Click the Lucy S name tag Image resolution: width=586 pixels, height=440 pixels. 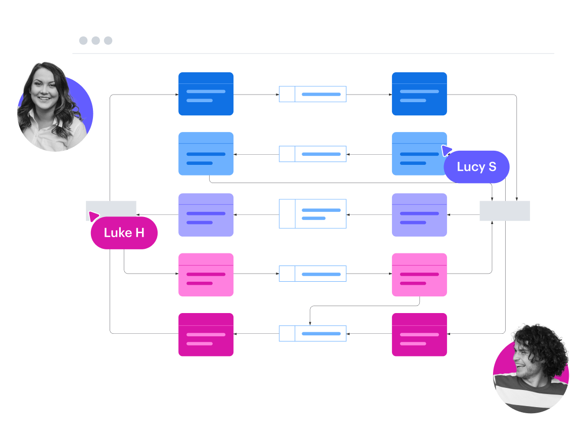click(476, 167)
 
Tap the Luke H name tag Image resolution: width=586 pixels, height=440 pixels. click(124, 233)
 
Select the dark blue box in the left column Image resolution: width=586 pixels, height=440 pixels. click(206, 94)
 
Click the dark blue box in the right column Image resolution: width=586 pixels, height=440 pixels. click(419, 94)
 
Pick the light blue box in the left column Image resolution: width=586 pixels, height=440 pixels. click(206, 154)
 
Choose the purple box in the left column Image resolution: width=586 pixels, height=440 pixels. click(206, 215)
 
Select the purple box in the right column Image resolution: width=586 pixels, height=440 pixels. click(419, 215)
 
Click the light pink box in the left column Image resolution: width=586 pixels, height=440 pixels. click(206, 275)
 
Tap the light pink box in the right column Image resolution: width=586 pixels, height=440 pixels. click(419, 275)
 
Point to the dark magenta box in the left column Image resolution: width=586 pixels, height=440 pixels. click(206, 334)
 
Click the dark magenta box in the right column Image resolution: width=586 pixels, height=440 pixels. click(419, 334)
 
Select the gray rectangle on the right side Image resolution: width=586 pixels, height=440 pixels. click(504, 211)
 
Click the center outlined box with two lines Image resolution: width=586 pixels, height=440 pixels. click(313, 214)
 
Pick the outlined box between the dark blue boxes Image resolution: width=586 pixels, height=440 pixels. click(313, 94)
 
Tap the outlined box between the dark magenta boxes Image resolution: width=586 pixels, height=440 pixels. click(313, 334)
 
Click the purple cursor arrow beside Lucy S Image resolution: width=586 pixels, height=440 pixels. click(446, 150)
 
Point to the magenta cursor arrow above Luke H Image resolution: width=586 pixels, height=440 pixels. click(93, 216)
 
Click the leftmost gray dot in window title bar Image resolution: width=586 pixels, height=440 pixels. click(83, 40)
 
